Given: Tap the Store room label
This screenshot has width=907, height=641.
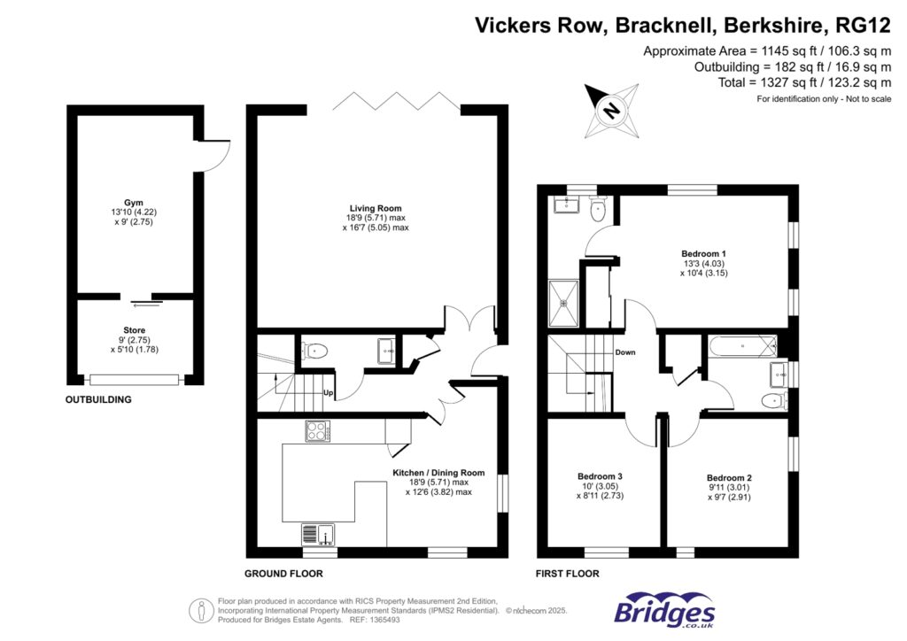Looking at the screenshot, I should coord(135,330).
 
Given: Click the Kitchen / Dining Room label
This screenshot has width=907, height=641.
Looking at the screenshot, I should coord(438,473).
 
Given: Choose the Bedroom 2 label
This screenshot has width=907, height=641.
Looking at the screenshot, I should coord(729,477).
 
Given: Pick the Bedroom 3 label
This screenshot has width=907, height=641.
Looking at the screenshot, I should coord(600,476).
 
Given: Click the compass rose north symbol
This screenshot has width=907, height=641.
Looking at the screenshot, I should coord(611,112).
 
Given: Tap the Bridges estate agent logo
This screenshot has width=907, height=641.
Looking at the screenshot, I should coord(664,610).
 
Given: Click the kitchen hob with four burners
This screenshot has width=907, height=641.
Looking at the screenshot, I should coord(317,431).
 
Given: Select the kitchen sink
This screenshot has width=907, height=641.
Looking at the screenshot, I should coord(317,534).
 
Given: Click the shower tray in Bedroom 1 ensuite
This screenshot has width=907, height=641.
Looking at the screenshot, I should coord(563,302).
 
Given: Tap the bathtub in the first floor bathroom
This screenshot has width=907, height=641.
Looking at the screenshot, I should coord(742,345).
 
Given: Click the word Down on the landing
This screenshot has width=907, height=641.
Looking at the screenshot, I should coord(626,351).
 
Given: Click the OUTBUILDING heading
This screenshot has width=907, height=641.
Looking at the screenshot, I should coord(98,400).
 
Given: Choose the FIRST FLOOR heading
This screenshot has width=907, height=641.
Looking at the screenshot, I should coord(568,574).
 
